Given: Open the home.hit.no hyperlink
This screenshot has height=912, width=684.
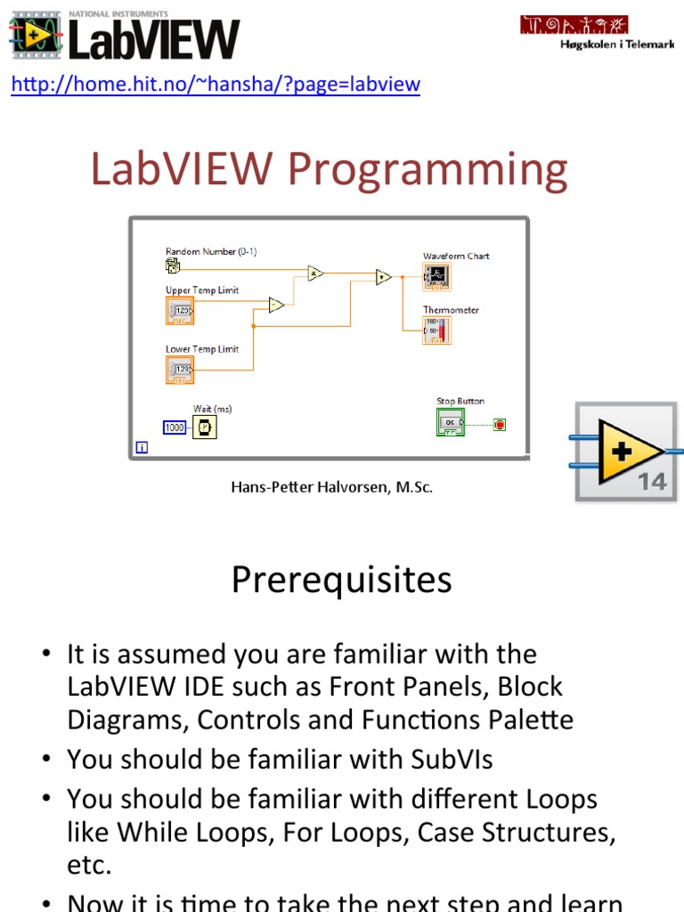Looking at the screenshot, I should coord(215,85).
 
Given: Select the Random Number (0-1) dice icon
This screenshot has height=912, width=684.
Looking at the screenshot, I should coord(173,265).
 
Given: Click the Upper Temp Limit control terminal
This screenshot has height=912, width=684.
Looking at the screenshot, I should coord(179,310).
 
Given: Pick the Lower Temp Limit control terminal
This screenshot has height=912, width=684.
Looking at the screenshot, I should coord(179,369).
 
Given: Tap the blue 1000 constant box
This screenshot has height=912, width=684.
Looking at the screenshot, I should coord(175,427).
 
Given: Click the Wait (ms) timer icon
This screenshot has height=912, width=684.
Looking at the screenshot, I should coord(205,427).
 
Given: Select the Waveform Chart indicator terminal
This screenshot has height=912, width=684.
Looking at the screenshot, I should coord(436,277).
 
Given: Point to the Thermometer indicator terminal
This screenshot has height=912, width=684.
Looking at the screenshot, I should coord(436,330).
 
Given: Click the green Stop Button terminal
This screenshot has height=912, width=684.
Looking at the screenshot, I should coord(450,422).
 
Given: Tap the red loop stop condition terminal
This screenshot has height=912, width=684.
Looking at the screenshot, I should coord(499,425).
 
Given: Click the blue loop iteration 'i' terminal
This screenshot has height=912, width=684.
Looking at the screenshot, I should coord(141,448).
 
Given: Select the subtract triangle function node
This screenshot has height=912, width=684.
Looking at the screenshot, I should coord(276,305).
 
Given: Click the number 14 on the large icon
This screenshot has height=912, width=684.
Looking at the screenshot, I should coord(651,482).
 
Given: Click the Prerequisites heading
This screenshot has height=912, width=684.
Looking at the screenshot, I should coord(341,580).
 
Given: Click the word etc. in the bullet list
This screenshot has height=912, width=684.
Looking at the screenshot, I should coord(89,865).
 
